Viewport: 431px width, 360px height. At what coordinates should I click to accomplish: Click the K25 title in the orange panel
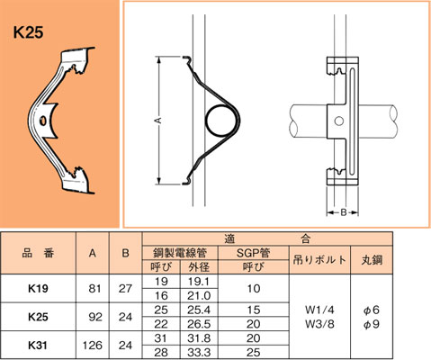click(31, 33)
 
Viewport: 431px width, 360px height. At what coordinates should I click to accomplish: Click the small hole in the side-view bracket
click(339, 121)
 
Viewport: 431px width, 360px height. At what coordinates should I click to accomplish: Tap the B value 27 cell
click(126, 289)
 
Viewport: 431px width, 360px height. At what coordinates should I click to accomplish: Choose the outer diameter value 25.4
click(195, 309)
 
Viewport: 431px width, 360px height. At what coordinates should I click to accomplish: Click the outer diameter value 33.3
click(195, 352)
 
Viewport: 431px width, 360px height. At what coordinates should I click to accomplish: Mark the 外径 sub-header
click(195, 267)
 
